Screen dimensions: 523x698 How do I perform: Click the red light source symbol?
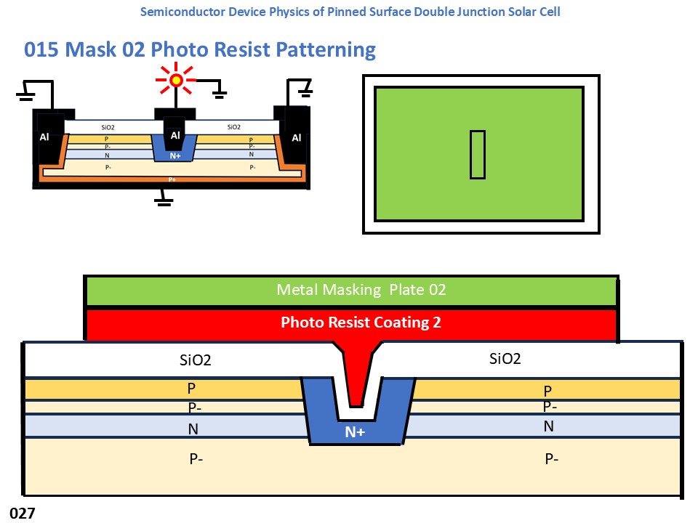176,80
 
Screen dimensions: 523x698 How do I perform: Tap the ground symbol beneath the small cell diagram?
164,200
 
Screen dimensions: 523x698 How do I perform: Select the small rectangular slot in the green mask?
477,154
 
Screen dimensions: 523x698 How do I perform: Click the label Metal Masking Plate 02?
361,290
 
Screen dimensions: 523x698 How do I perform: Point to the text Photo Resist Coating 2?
361,323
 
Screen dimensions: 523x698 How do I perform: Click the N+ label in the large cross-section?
355,432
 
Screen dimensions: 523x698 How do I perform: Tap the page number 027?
22,514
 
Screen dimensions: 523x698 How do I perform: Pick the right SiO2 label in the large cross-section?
506,358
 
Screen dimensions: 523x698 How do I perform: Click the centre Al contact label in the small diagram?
175,135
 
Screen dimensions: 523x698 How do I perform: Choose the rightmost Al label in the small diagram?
297,137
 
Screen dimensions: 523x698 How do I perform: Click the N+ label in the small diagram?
175,155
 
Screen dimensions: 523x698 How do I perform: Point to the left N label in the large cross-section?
193,429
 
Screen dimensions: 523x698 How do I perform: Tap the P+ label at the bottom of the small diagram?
172,179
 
